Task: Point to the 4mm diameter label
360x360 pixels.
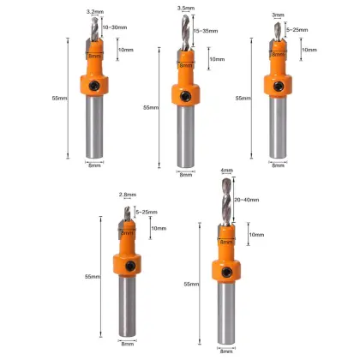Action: [x=225, y=170]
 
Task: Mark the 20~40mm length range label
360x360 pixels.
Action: [x=249, y=201]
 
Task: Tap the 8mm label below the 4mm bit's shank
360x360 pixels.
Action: [x=225, y=351]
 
